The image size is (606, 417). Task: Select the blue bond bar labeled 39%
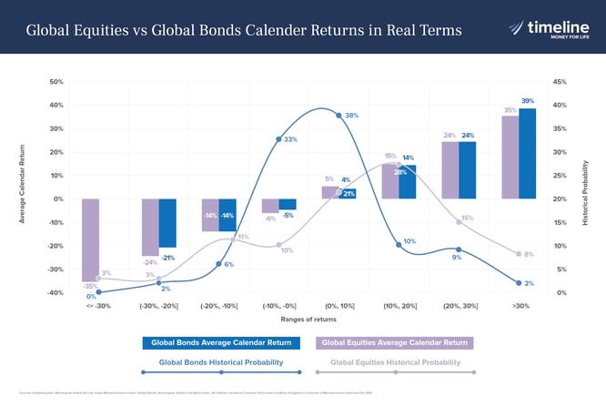(527, 153)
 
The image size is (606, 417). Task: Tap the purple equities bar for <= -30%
(90, 239)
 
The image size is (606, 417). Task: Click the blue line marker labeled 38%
(338, 116)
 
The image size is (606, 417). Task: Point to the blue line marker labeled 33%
(278, 139)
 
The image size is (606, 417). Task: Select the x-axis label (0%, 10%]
(338, 306)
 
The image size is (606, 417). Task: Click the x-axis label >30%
(519, 306)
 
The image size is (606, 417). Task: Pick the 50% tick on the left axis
(56, 82)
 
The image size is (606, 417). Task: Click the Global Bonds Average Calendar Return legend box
(221, 343)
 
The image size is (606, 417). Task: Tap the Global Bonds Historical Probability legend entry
(221, 363)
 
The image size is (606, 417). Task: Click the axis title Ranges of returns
(308, 320)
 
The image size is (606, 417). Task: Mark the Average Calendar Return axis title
(22, 187)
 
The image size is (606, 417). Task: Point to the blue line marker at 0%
(98, 292)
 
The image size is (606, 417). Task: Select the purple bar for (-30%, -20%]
(150, 227)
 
